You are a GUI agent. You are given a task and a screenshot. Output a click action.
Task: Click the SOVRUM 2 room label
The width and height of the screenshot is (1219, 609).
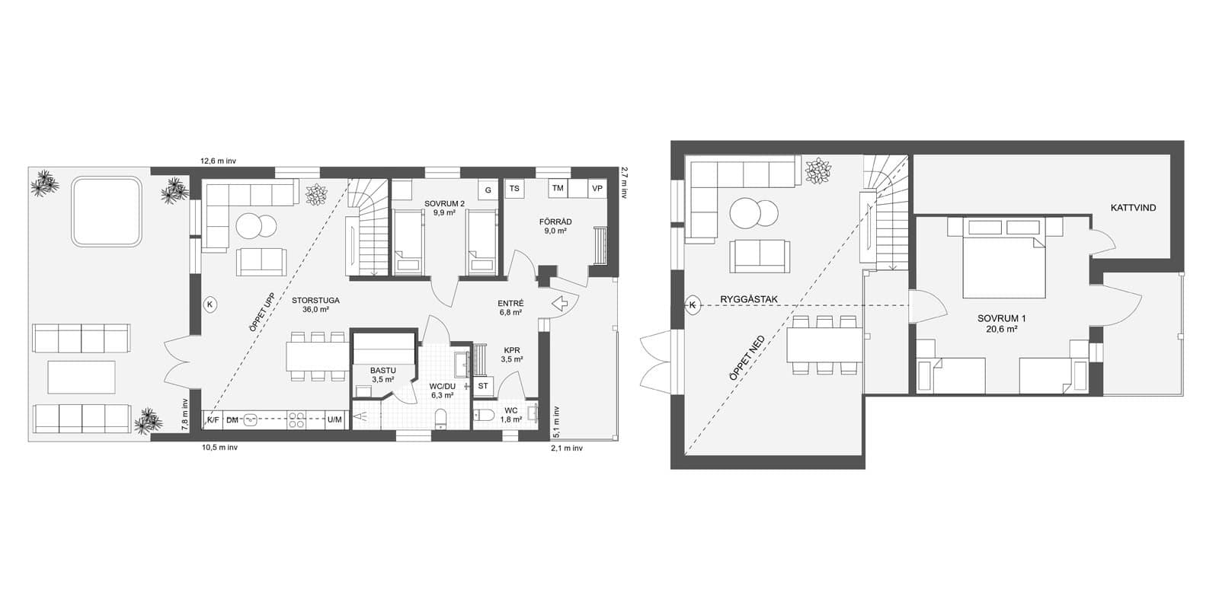coord(445,204)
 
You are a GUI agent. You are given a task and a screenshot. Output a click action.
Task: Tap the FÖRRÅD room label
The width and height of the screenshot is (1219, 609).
coord(555,222)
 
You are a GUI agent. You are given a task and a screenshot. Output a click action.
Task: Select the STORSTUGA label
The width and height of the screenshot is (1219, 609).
coord(315,300)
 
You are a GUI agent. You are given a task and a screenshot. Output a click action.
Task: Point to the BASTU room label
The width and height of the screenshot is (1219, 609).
coord(383,370)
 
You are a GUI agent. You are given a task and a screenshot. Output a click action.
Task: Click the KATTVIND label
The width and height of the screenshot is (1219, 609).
coord(1133,208)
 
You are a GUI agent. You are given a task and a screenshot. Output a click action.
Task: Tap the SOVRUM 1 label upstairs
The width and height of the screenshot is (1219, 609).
coord(1001,319)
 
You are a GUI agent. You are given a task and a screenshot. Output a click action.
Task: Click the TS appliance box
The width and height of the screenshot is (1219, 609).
coord(514,189)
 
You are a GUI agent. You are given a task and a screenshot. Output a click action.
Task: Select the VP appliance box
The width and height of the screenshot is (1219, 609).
coord(597,189)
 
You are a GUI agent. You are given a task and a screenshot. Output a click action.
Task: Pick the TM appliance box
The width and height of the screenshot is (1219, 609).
coord(558,189)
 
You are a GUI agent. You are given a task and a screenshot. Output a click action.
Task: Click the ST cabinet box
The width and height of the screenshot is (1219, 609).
coord(483,386)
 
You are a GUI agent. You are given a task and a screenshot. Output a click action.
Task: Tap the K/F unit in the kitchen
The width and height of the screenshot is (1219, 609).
coord(213,419)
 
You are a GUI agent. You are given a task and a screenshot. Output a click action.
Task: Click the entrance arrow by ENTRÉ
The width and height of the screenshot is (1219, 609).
coord(560,304)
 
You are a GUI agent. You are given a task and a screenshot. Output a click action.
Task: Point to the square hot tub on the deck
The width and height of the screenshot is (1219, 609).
coord(107,212)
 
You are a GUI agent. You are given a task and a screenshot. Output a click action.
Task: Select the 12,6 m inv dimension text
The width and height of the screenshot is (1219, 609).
coord(218,161)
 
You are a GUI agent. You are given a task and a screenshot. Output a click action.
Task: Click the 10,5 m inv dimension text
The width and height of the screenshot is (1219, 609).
coord(220,448)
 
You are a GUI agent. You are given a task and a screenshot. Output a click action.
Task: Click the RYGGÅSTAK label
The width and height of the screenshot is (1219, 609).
coord(749,299)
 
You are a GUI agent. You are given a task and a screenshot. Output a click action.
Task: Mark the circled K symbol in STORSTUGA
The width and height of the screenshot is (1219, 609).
coord(210,305)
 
